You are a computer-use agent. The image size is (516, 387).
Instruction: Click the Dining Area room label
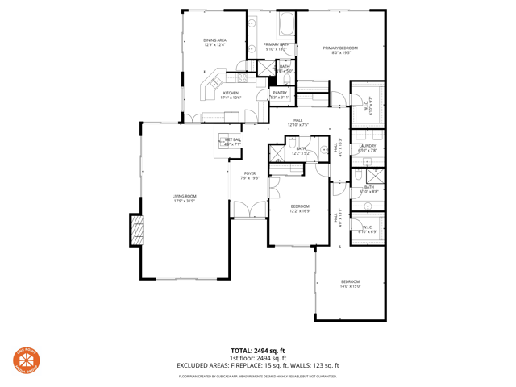[214, 42]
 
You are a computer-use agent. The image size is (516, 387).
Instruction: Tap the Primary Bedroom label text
[340, 50]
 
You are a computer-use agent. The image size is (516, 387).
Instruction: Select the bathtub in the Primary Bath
[287, 23]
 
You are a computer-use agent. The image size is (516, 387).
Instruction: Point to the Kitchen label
[231, 95]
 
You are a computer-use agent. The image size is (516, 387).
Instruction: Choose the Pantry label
[280, 94]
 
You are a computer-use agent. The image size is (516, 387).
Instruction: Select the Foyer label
[250, 175]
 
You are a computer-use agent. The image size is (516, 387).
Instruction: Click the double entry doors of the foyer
[249, 211]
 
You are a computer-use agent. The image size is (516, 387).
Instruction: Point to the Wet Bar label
[232, 142]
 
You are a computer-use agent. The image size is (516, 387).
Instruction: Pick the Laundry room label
[368, 148]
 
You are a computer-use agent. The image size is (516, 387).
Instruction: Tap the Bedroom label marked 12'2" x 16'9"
[300, 208]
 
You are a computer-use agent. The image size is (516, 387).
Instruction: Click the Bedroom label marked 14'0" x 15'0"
[349, 283]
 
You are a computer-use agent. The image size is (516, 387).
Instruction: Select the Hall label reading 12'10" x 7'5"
[298, 123]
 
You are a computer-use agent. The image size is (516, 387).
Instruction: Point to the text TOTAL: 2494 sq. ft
[258, 351]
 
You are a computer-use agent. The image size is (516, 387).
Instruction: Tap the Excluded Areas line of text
[258, 365]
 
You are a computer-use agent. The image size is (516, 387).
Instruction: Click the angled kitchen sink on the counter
[215, 82]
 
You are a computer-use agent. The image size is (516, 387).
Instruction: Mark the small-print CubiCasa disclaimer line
[258, 377]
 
